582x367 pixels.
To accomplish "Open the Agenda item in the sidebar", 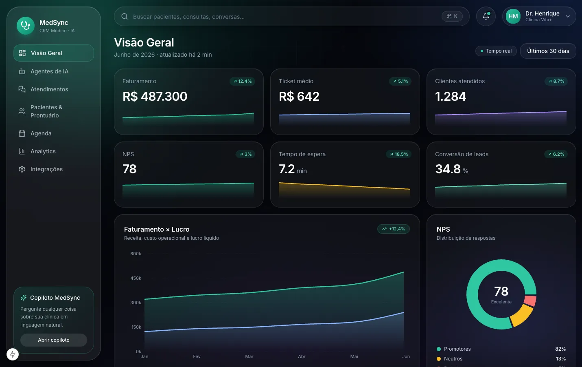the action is pyautogui.click(x=41, y=133).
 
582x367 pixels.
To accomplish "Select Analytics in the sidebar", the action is pyautogui.click(x=43, y=151).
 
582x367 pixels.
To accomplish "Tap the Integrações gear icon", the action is pyautogui.click(x=22, y=169).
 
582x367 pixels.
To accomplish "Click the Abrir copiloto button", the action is pyautogui.click(x=54, y=340).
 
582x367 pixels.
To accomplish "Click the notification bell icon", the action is pyautogui.click(x=486, y=16).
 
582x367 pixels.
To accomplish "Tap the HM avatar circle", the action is pyautogui.click(x=513, y=16).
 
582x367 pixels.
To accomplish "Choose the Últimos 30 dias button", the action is pyautogui.click(x=548, y=51).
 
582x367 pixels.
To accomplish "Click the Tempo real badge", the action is pyautogui.click(x=496, y=51).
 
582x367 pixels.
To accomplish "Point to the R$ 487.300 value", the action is pyautogui.click(x=155, y=96).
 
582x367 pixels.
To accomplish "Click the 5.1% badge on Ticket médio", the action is pyautogui.click(x=400, y=81).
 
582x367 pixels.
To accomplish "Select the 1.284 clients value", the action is pyautogui.click(x=451, y=96).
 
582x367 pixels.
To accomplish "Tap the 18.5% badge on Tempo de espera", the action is pyautogui.click(x=398, y=154).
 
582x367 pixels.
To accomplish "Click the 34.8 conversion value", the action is pyautogui.click(x=448, y=169).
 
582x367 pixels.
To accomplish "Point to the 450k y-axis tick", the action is pyautogui.click(x=136, y=278).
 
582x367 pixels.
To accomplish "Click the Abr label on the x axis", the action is pyautogui.click(x=302, y=356).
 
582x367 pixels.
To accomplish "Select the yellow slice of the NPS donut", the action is pyautogui.click(x=522, y=316).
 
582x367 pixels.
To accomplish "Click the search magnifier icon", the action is pyautogui.click(x=125, y=16).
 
